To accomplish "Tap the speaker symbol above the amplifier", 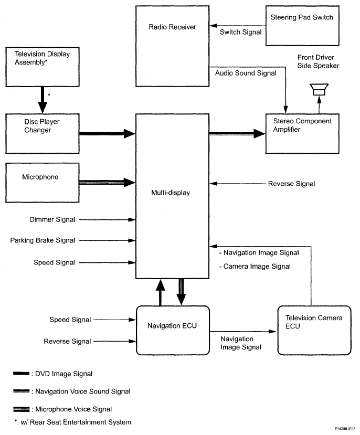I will point(319,90).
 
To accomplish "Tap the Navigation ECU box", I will point(172,330).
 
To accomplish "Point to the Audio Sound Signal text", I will point(245,73).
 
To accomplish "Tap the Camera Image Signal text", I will point(255,267).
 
